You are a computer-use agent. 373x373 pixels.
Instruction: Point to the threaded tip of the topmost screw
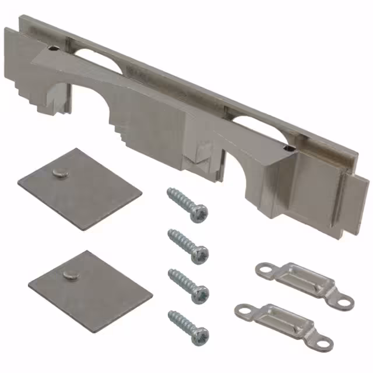pyautogui.click(x=170, y=192)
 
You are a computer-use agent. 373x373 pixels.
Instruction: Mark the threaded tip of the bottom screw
pyautogui.click(x=171, y=314)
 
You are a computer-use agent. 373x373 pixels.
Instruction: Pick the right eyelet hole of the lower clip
pyautogui.click(x=325, y=342)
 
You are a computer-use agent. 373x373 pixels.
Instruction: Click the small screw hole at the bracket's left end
pyautogui.click(x=54, y=50)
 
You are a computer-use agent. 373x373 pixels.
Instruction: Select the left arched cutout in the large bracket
pyautogui.click(x=87, y=102)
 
